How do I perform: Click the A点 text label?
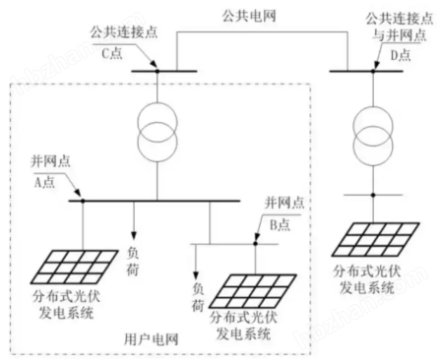coord(43,179)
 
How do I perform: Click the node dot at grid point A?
coord(83,201)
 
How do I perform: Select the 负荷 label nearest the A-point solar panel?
coord(134,257)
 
